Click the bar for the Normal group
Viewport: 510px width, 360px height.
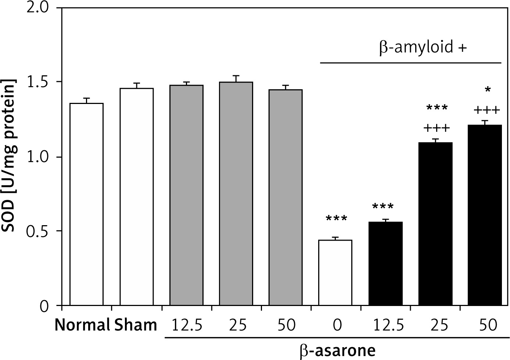(x=86, y=204)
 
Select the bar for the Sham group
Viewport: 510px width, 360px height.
(x=136, y=197)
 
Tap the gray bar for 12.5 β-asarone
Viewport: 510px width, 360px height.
(x=186, y=195)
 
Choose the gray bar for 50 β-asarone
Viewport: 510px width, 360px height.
(x=285, y=197)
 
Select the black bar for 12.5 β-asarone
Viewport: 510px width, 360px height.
(x=385, y=263)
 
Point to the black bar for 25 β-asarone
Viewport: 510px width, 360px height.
(x=435, y=224)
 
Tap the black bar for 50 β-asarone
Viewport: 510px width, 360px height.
(x=485, y=215)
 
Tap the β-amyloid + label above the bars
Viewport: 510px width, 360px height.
(x=423, y=48)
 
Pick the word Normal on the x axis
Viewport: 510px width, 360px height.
(x=82, y=325)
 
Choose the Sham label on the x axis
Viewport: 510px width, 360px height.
(x=136, y=325)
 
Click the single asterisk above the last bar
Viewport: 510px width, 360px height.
(x=487, y=90)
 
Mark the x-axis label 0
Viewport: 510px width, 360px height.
(x=337, y=325)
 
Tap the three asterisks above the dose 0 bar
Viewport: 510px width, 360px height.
(x=336, y=219)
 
